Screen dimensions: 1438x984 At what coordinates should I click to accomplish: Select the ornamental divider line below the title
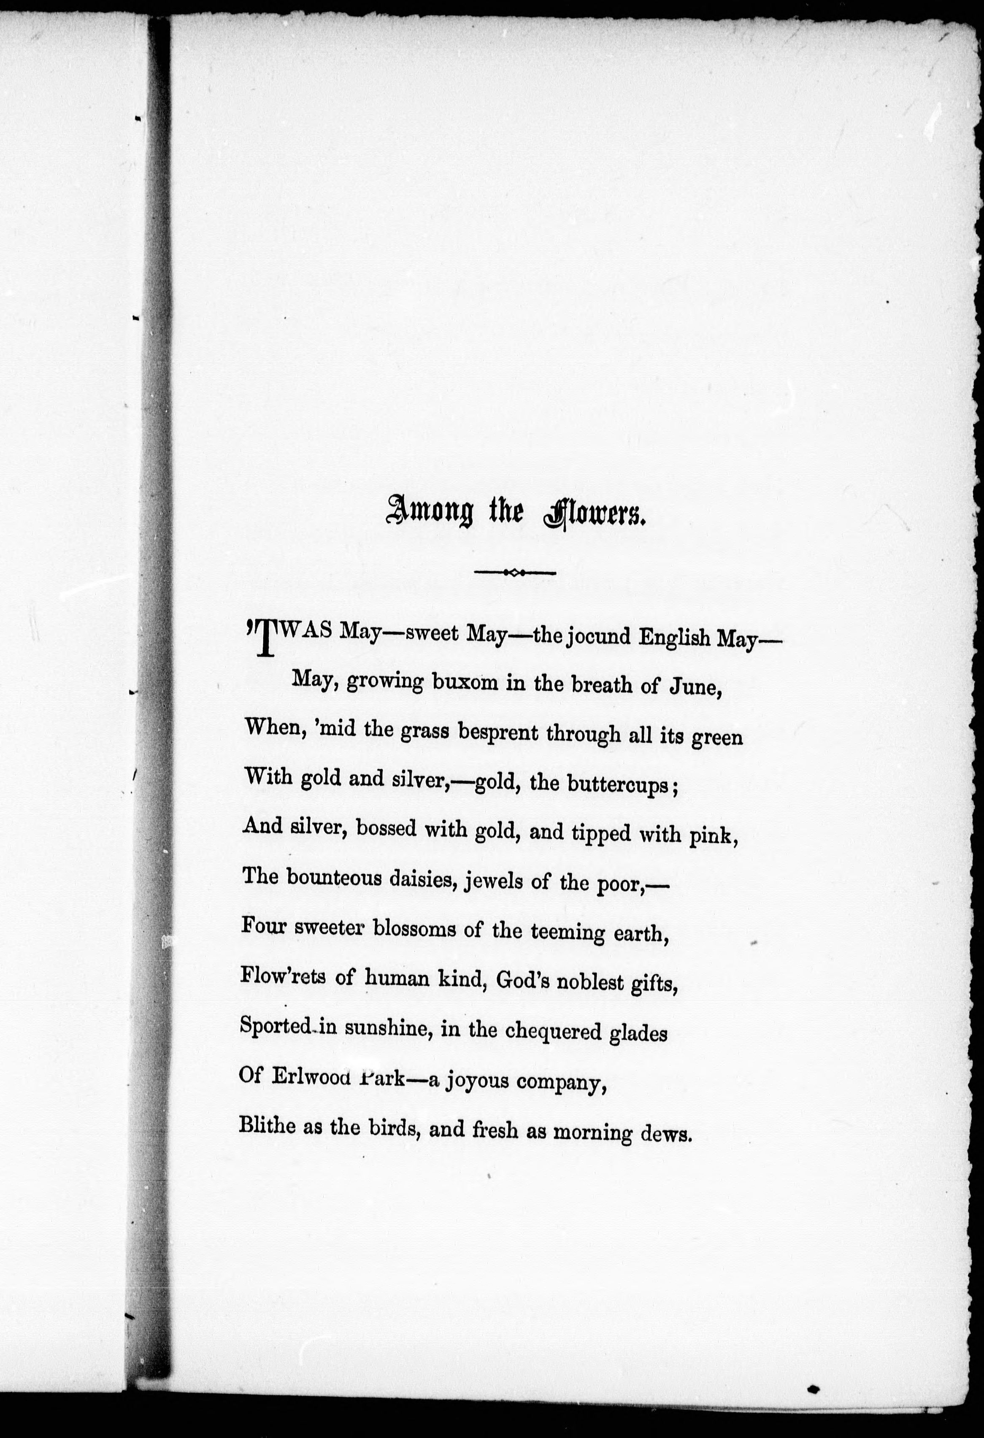point(515,572)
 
